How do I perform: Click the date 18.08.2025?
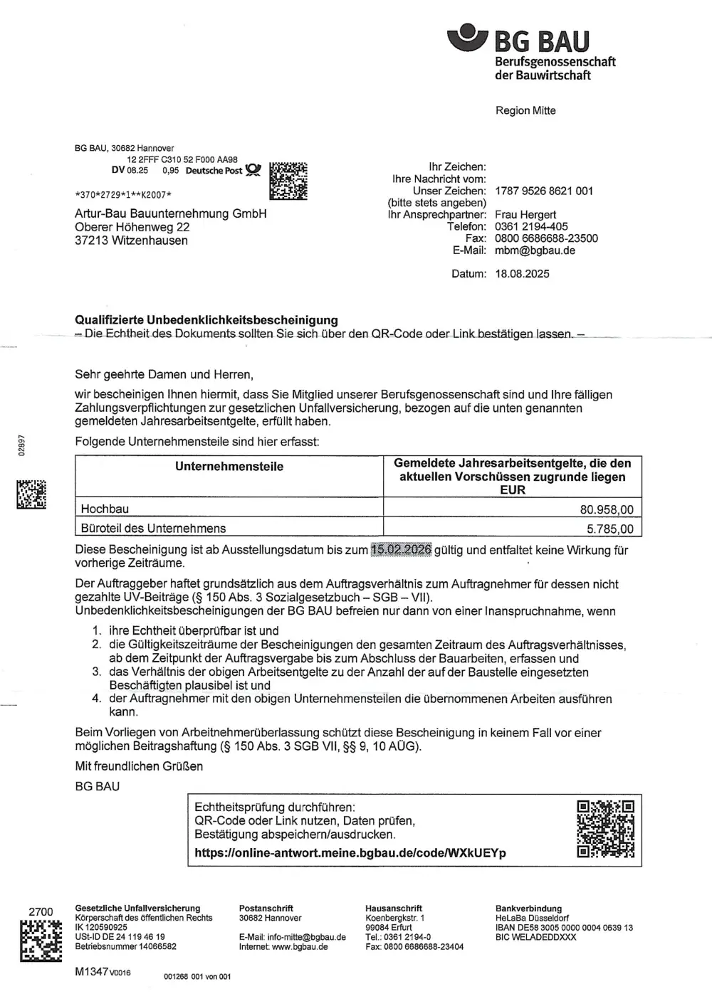(522, 274)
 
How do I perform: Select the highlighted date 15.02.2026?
(401, 550)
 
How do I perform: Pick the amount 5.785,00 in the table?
(609, 529)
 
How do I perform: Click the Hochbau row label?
(105, 509)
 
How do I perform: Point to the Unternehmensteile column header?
(229, 467)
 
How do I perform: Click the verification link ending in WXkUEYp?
(350, 853)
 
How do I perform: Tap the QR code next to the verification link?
(605, 829)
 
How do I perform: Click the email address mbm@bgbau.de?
(535, 250)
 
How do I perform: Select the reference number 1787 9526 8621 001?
(543, 191)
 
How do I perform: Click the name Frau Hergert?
(525, 214)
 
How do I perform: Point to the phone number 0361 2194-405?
(531, 226)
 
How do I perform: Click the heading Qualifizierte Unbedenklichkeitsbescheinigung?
(206, 320)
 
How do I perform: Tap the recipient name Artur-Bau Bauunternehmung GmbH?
(170, 213)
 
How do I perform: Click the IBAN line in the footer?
(564, 928)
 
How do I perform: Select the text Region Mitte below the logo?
(525, 110)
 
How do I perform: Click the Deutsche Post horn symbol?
(253, 171)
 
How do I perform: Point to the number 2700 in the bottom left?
(41, 912)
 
